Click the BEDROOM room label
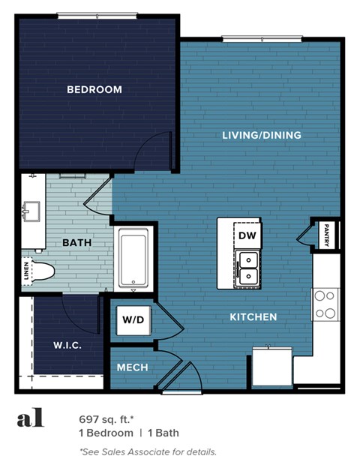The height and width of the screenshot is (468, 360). point(94,90)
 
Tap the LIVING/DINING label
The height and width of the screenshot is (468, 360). point(262,136)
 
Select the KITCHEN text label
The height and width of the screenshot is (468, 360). point(253,317)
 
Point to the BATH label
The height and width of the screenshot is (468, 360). point(77,242)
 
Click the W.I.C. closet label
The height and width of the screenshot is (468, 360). point(67,346)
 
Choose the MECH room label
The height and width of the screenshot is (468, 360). point(133,367)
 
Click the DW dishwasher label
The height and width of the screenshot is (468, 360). point(247,235)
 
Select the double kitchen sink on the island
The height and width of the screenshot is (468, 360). point(247,268)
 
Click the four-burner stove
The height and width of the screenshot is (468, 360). point(325,304)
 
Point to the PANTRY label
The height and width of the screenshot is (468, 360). point(327,235)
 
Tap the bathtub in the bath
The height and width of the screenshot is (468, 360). point(136,260)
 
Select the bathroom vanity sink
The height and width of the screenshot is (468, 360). point(31,212)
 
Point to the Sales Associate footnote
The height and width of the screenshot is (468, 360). point(148,451)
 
